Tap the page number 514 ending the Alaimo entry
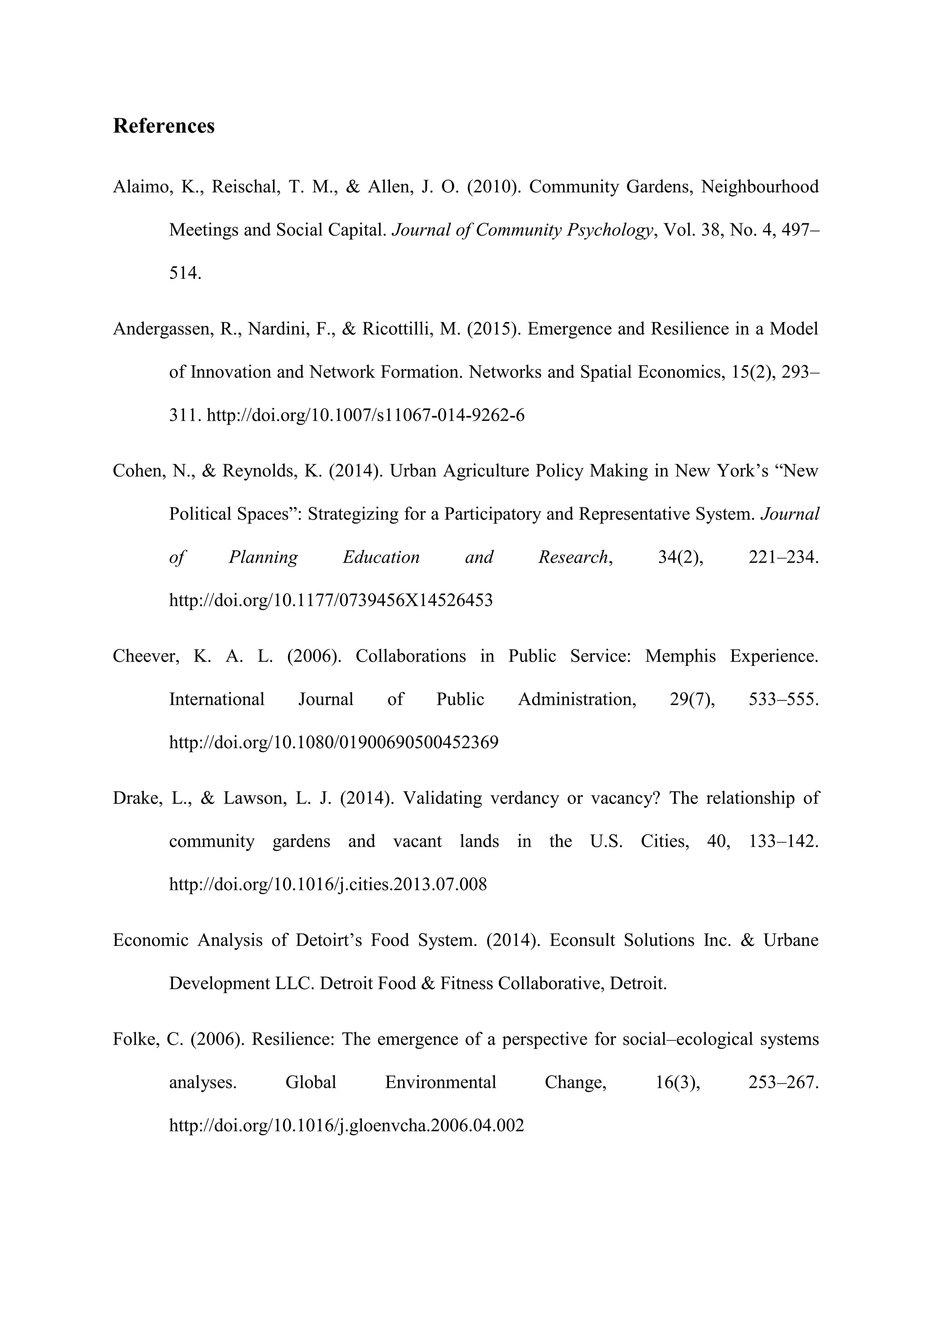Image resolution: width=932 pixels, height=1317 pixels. pyautogui.click(x=185, y=273)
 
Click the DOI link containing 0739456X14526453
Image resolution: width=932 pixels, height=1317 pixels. pyautogui.click(x=330, y=601)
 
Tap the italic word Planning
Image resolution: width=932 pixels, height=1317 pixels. pyautogui.click(x=263, y=558)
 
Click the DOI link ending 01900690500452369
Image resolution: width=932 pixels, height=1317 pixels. pyautogui.click(x=334, y=743)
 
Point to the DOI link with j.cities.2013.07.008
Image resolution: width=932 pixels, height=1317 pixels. pyautogui.click(x=328, y=885)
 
